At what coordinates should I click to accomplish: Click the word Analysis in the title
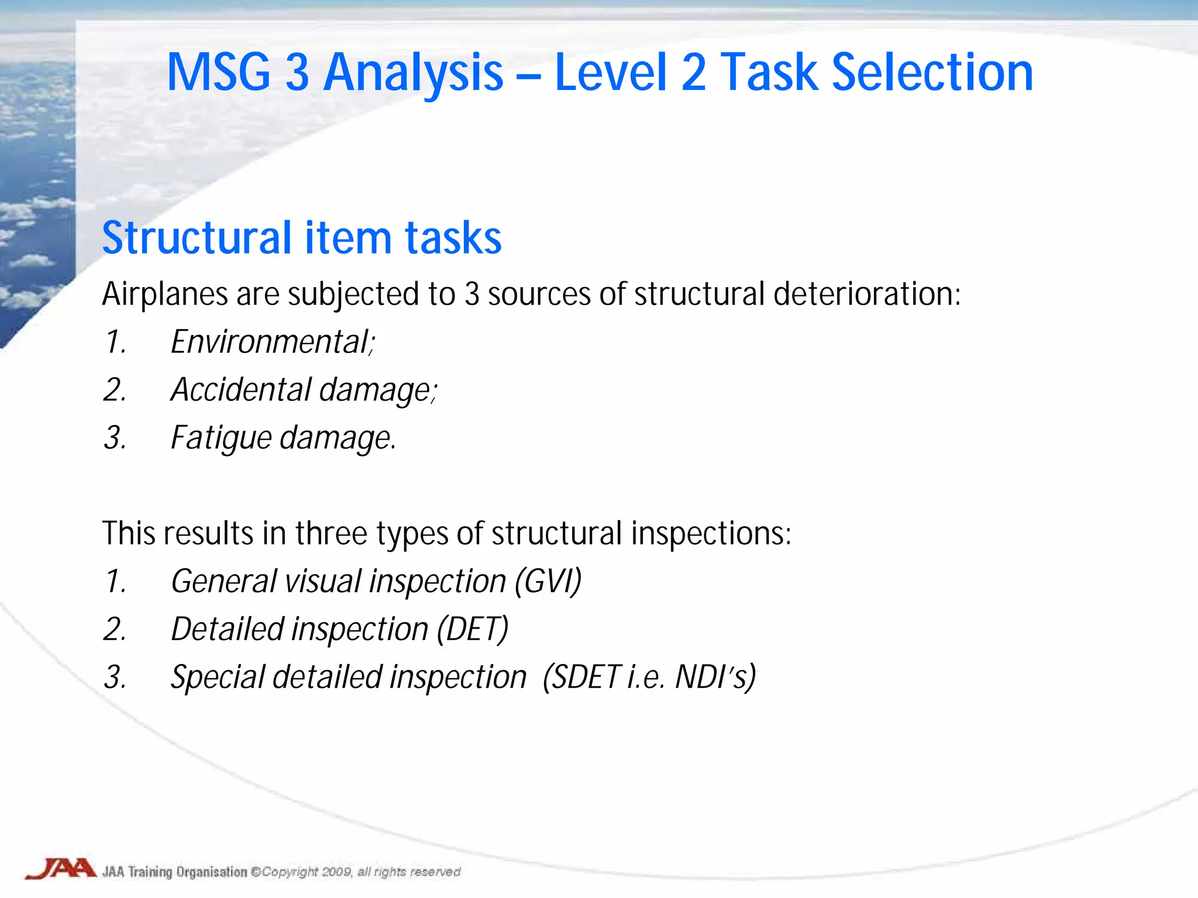[x=413, y=73]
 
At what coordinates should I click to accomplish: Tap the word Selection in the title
[x=932, y=73]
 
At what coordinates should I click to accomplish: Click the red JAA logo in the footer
[x=60, y=869]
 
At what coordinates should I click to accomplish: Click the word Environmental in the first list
[x=270, y=342]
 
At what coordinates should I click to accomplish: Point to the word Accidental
[x=241, y=390]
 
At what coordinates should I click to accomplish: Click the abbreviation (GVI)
[x=548, y=582]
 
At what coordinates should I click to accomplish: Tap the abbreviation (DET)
[x=473, y=630]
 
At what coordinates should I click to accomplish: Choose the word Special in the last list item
[x=218, y=678]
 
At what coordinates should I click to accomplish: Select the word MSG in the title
[x=219, y=73]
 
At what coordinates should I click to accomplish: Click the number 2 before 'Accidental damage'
[x=114, y=390]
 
